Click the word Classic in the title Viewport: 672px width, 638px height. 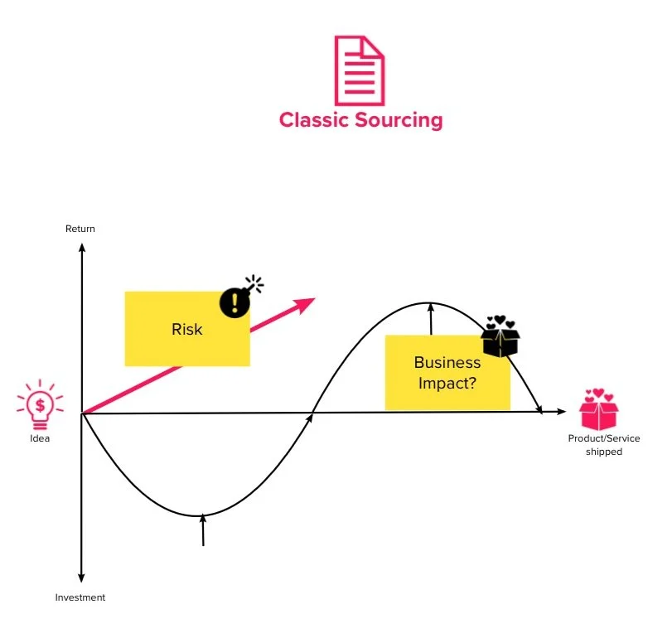314,120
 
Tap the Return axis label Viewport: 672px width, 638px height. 80,229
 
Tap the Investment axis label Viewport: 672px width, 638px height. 80,597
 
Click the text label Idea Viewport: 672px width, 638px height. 39,438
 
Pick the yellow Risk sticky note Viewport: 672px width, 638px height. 186,329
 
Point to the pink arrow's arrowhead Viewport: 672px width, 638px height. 307,302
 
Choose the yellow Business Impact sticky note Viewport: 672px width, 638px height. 447,373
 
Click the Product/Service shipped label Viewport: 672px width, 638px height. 603,445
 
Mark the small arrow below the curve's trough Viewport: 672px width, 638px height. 202,529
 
